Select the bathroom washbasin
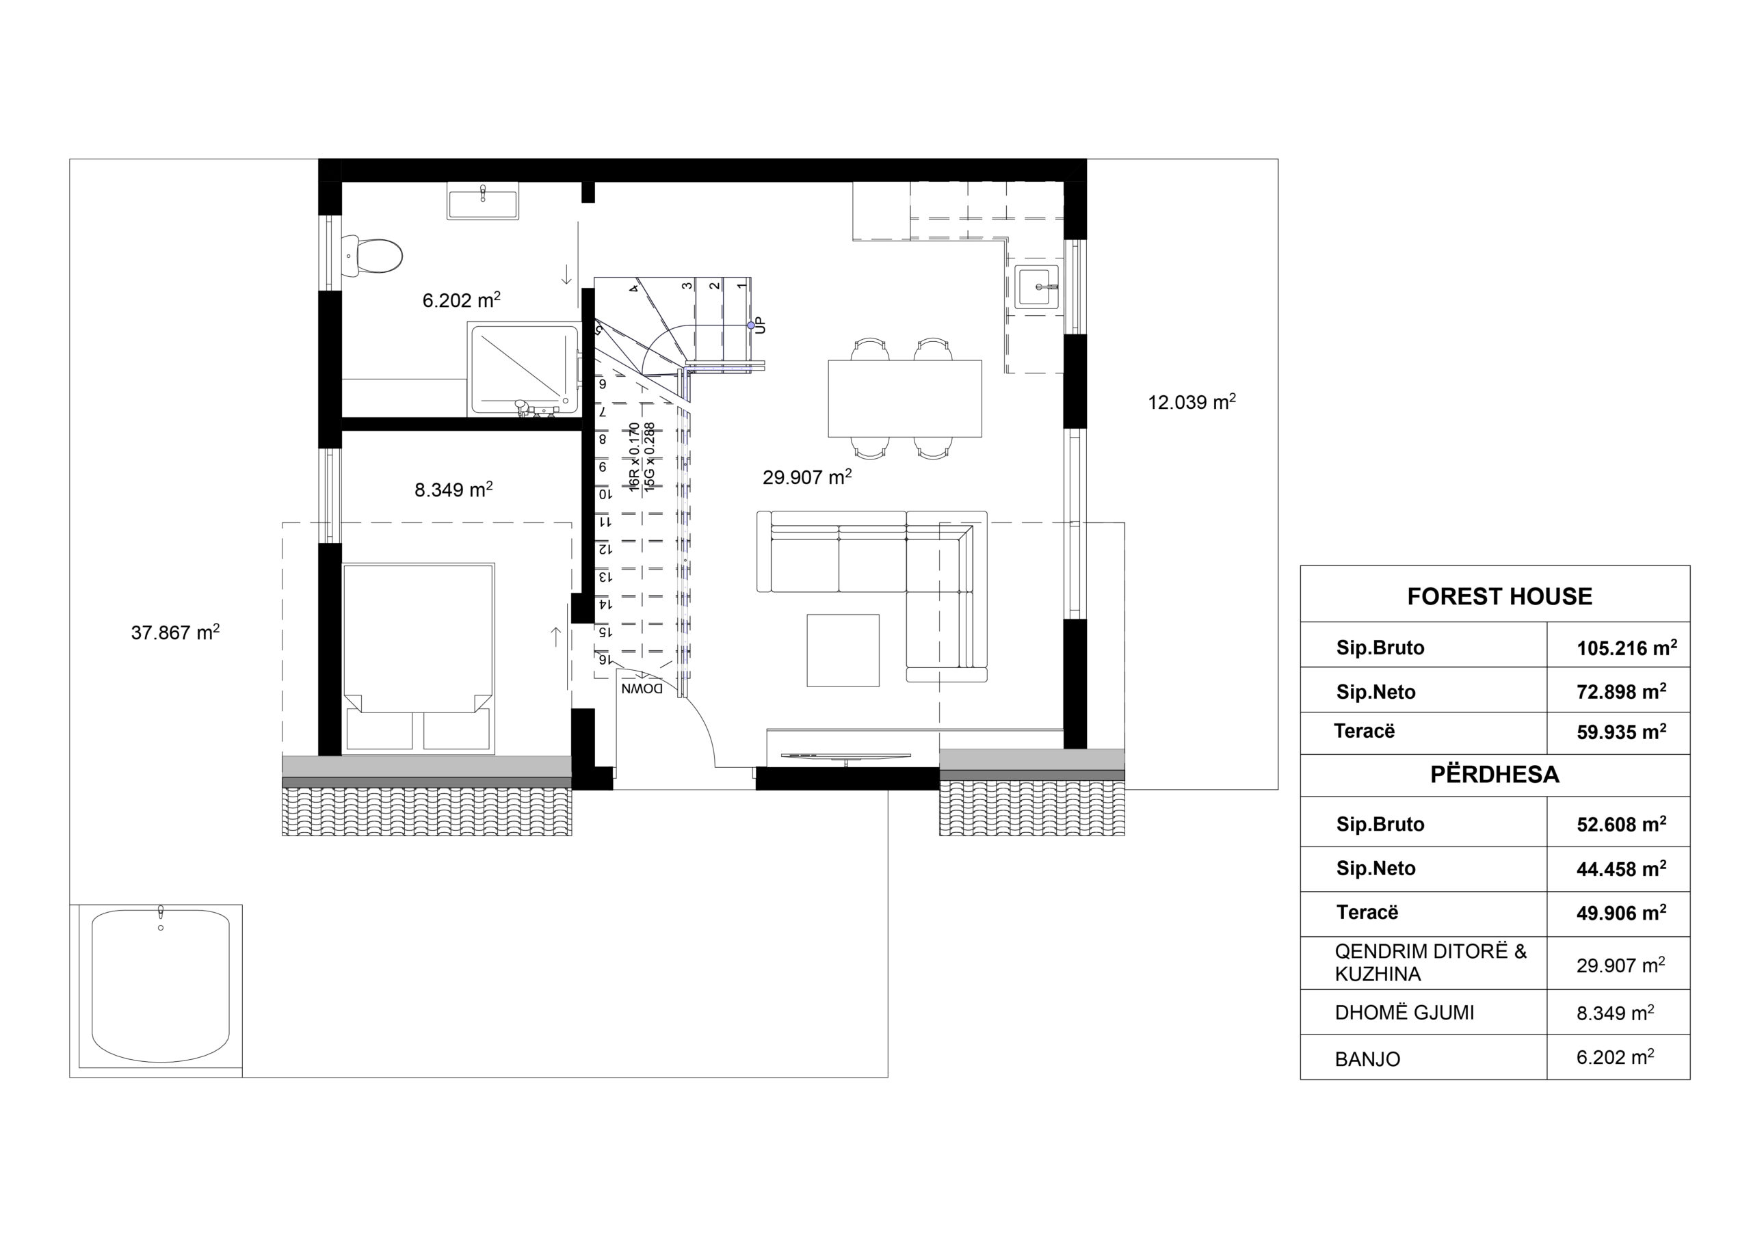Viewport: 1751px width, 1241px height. [x=482, y=201]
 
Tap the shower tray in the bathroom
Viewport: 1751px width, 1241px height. [x=525, y=370]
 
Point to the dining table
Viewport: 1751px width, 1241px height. [x=905, y=398]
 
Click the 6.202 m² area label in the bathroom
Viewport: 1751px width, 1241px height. [x=462, y=299]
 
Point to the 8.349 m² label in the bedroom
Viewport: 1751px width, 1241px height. [x=453, y=489]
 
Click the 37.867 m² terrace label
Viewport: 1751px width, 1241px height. [x=175, y=632]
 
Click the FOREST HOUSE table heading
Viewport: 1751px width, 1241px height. [x=1499, y=596]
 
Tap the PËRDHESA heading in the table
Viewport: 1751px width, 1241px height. [x=1495, y=774]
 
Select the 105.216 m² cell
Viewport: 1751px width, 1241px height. [x=1627, y=648]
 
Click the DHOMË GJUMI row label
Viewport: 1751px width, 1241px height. [x=1405, y=1013]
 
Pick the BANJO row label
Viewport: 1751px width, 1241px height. [x=1367, y=1059]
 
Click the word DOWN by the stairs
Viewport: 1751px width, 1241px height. [x=642, y=689]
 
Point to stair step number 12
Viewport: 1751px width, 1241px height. [x=605, y=548]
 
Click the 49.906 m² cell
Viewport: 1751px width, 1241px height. [x=1621, y=913]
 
